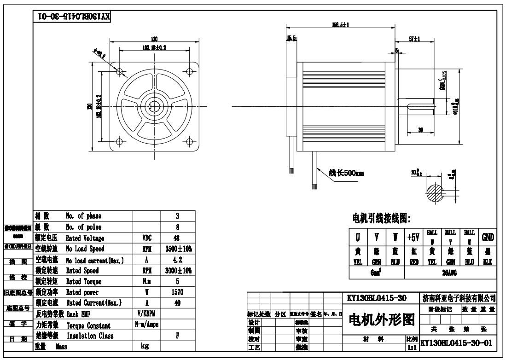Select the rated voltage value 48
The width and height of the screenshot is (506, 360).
tap(177, 238)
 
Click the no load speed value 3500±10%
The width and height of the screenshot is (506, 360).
tap(177, 249)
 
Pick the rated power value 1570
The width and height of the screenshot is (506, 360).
tap(177, 292)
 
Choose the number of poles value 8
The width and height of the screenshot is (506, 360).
tap(177, 227)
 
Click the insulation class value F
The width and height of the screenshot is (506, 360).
tap(177, 336)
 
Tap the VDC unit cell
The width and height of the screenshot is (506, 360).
tap(146, 238)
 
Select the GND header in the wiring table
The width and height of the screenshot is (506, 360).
tap(488, 237)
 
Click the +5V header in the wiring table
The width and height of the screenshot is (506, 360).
tap(413, 237)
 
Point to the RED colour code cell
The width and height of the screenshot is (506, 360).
tap(413, 261)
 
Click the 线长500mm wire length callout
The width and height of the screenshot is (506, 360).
tap(346, 174)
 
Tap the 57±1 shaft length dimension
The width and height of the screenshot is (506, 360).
tap(414, 40)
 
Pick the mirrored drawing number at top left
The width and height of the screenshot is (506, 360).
tap(74, 17)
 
